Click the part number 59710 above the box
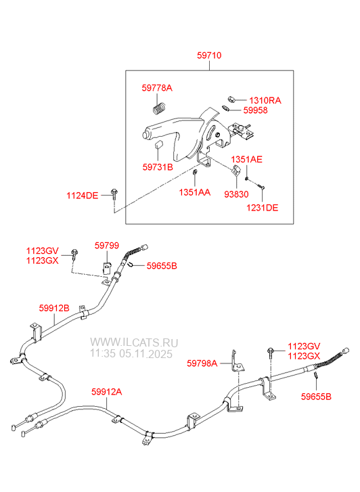point(209,55)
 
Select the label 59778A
point(157,88)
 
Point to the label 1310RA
point(265,100)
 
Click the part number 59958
point(256,110)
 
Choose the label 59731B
point(158,167)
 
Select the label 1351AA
point(195,192)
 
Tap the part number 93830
point(236,194)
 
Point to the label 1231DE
point(262,208)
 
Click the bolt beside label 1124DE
point(114,194)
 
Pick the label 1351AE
point(247,160)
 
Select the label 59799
point(107,246)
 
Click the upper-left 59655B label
point(162,266)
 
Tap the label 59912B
point(54,308)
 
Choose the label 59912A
point(107,392)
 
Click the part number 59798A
point(202,363)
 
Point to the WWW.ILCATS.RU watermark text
point(134,342)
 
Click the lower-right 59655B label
point(316,397)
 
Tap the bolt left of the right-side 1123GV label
point(270,353)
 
